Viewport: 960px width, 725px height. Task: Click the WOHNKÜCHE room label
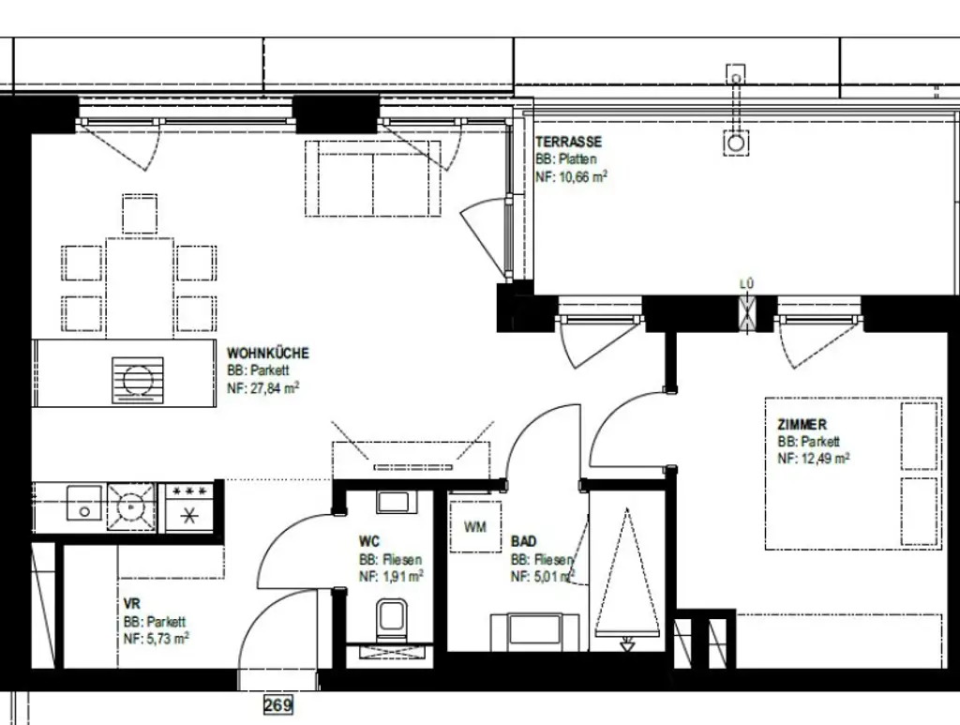[268, 354]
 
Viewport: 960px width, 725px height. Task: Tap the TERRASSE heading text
[568, 142]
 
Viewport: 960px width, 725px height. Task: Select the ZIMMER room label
[802, 425]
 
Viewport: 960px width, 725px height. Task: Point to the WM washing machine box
[475, 526]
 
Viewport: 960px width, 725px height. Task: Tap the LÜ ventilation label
[747, 284]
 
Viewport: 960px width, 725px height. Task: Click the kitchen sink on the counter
[84, 506]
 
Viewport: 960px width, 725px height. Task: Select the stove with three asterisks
[190, 506]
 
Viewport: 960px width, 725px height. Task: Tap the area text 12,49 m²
[814, 459]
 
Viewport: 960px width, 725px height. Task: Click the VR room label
[131, 605]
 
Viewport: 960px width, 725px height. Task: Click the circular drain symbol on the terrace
[736, 143]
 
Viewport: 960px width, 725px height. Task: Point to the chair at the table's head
[140, 213]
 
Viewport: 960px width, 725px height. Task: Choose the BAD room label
[524, 542]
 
